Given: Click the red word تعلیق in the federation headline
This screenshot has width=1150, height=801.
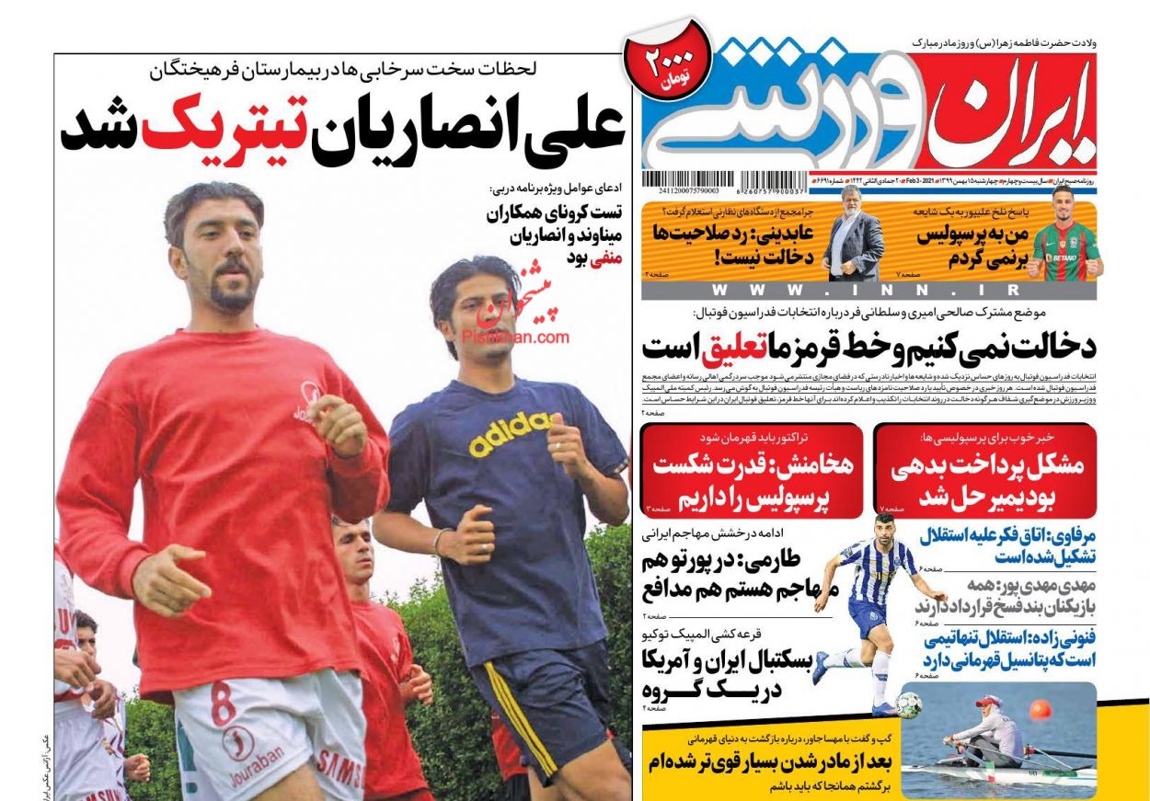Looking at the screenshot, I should click(731, 347).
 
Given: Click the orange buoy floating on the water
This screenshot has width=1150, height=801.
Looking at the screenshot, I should click(1040, 710).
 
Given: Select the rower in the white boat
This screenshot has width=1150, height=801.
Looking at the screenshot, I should click(987, 737).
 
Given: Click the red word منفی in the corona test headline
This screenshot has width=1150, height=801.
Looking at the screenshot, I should click(606, 258).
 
